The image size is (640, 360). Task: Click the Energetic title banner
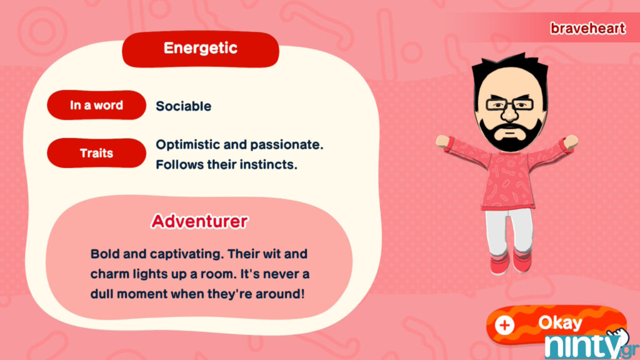click(201, 49)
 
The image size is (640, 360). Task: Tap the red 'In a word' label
click(96, 105)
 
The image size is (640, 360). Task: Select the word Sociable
click(184, 106)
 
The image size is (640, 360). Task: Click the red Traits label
click(96, 152)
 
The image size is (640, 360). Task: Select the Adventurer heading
click(199, 221)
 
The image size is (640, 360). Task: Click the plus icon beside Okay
click(504, 325)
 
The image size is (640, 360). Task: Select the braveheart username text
click(587, 28)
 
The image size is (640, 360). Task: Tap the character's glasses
click(509, 104)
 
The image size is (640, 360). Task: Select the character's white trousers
click(509, 231)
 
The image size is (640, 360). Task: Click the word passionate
click(286, 145)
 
